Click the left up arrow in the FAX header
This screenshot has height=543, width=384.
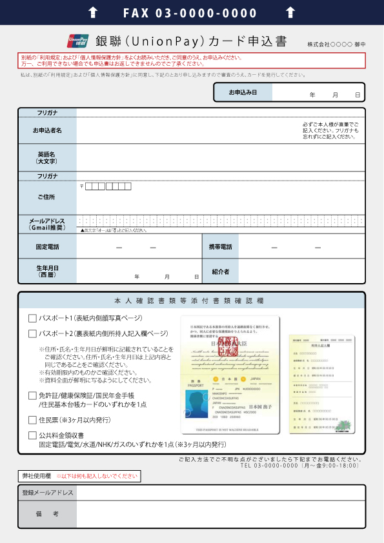pyautogui.click(x=93, y=12)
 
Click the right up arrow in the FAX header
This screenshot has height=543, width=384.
pyautogui.click(x=290, y=12)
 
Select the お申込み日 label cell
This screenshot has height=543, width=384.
pyautogui.click(x=243, y=93)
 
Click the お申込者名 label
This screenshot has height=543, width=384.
pyautogui.click(x=47, y=131)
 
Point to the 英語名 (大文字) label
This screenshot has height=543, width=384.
pyautogui.click(x=47, y=157)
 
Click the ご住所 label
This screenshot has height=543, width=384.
pyautogui.click(x=47, y=197)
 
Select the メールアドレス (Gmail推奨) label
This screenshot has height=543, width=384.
pyautogui.click(x=47, y=224)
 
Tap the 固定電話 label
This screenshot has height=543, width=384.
pyautogui.click(x=47, y=247)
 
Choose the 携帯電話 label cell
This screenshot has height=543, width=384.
pyautogui.click(x=220, y=247)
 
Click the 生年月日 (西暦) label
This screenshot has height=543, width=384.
pyautogui.click(x=47, y=271)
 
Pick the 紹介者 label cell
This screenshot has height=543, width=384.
pyautogui.click(x=220, y=271)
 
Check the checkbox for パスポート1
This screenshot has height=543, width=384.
pyautogui.click(x=32, y=318)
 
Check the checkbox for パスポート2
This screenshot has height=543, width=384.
pyautogui.click(x=32, y=334)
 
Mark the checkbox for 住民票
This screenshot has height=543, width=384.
pyautogui.click(x=32, y=420)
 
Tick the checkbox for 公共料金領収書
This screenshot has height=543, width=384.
pyautogui.click(x=32, y=435)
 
